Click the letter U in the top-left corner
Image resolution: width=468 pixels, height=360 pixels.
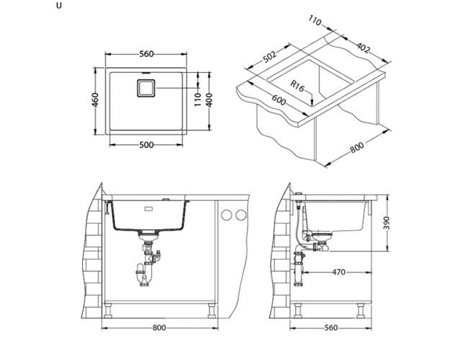(x=59, y=6)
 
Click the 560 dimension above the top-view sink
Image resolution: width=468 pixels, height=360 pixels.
(x=146, y=54)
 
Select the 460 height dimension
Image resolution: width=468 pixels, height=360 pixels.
(x=95, y=100)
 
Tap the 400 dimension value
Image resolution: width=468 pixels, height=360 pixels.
(x=210, y=100)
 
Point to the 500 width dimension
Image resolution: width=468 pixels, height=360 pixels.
(x=146, y=145)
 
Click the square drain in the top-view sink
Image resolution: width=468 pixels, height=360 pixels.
(x=146, y=88)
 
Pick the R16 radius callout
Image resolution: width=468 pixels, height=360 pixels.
(x=297, y=86)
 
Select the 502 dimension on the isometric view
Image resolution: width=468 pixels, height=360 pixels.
(x=269, y=56)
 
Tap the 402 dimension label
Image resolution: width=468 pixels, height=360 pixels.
(x=364, y=48)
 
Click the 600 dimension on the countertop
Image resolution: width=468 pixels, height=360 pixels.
(x=279, y=100)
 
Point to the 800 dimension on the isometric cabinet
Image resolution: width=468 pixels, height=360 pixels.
(x=356, y=147)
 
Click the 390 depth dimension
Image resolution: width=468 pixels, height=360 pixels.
(x=386, y=222)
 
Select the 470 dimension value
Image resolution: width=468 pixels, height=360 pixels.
(x=338, y=272)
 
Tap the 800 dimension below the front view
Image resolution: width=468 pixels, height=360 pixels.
(x=159, y=328)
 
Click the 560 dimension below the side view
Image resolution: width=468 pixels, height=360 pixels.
(x=331, y=328)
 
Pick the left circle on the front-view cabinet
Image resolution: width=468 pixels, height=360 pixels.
(x=227, y=215)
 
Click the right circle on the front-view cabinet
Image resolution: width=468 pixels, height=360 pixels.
(x=241, y=215)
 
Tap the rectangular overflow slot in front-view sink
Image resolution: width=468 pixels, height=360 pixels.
(x=148, y=209)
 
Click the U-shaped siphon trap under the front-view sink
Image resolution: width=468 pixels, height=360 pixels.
(x=143, y=274)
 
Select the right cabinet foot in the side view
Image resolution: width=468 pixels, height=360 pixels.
(x=361, y=310)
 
